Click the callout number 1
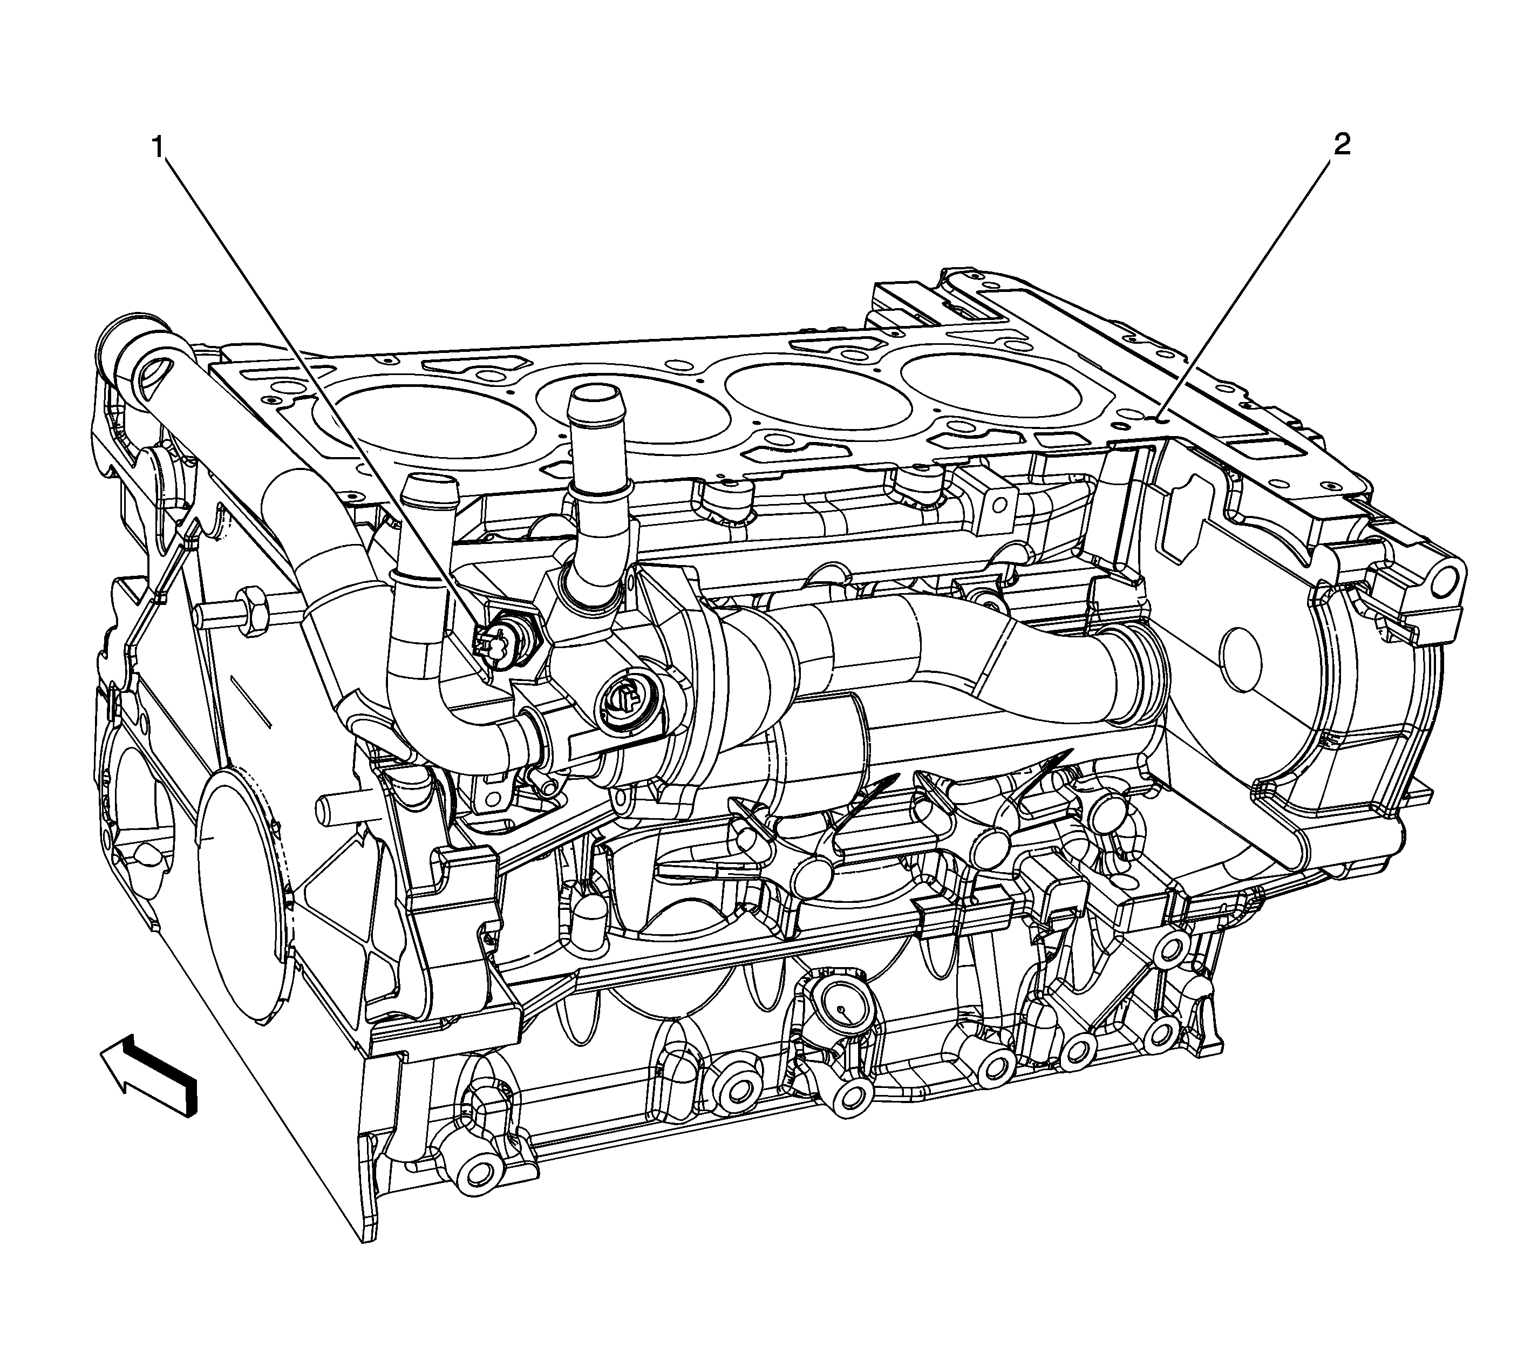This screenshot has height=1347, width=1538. click(x=159, y=146)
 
